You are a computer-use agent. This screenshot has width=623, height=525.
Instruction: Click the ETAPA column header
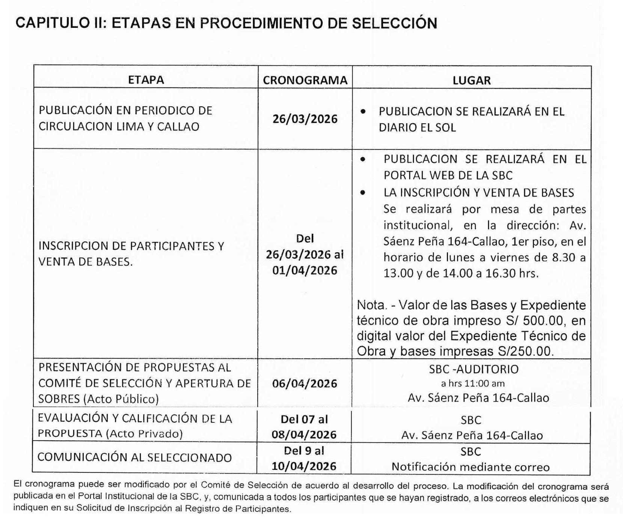146,80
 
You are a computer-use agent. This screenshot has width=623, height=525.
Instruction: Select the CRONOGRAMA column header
305,80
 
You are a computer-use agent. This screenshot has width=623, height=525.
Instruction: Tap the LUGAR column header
471,80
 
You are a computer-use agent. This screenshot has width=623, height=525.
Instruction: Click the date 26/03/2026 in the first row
305,119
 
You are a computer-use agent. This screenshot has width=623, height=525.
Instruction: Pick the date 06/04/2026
305,383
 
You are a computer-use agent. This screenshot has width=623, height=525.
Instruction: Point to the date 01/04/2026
305,270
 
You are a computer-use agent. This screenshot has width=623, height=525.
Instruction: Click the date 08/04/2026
304,434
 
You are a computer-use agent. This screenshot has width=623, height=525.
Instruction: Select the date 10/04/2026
304,466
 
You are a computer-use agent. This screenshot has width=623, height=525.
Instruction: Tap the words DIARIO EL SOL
417,128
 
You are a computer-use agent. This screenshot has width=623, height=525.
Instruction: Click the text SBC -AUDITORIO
474,369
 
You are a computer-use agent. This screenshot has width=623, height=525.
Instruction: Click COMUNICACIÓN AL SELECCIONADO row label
134,457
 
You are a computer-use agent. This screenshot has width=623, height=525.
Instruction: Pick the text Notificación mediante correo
471,467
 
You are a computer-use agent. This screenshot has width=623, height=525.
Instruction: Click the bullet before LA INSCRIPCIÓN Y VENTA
362,193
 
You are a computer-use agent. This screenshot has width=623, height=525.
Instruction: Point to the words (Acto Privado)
144,434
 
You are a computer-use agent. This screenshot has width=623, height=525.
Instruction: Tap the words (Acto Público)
121,399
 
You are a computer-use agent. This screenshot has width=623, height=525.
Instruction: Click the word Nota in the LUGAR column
370,305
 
